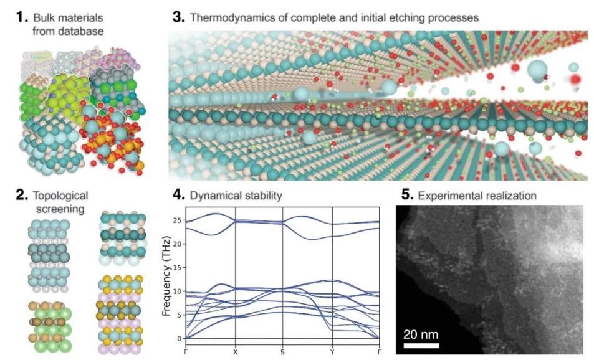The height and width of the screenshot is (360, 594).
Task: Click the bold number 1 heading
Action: (22, 17)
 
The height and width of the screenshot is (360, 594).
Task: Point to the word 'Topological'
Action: (60, 196)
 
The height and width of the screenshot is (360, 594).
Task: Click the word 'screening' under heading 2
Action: (60, 209)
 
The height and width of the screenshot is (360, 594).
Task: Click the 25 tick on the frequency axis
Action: (178, 220)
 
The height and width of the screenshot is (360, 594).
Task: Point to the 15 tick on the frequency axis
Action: (178, 268)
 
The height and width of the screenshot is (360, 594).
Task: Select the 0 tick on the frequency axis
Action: (180, 339)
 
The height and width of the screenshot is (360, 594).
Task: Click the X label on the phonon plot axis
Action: (235, 352)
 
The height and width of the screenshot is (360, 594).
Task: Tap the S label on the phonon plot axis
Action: (282, 352)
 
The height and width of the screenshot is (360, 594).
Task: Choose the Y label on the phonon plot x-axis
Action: (332, 352)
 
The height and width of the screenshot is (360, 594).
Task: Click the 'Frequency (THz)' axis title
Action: (166, 276)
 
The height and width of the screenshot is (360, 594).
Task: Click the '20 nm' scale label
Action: (421, 334)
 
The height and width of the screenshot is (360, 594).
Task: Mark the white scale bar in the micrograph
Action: (421, 345)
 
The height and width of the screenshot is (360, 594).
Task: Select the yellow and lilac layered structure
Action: (120, 314)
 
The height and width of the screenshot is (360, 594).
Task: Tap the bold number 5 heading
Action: (407, 196)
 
